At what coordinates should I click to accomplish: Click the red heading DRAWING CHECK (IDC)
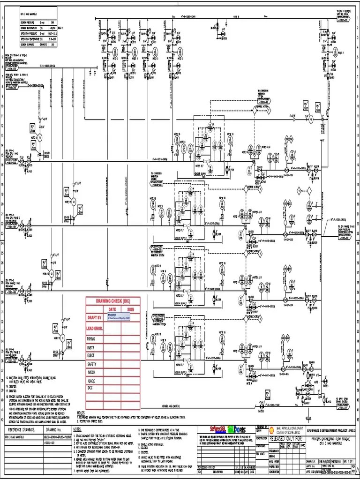pos(113,301)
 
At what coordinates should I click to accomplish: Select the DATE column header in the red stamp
pos(112,309)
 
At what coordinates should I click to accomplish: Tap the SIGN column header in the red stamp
pos(130,309)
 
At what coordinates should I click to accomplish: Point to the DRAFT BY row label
pos(95,318)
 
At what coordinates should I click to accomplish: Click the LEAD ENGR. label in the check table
pos(96,328)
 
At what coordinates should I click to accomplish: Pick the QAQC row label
pos(91,380)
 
